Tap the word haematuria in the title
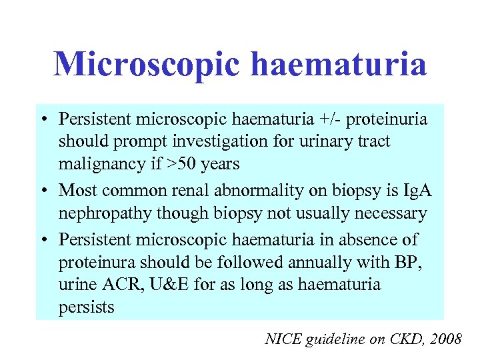(x=341, y=65)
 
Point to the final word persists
(x=86, y=308)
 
